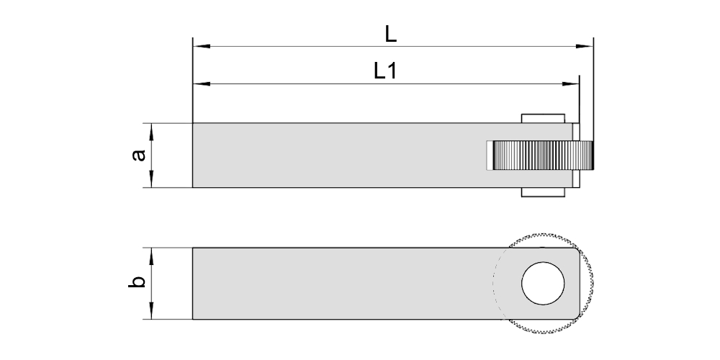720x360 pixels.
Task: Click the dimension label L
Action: (x=390, y=34)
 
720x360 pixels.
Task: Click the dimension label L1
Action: (x=384, y=71)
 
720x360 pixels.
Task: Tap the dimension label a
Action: (x=138, y=156)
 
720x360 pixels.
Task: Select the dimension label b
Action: (x=136, y=281)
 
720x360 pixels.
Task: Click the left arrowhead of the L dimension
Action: (x=202, y=46)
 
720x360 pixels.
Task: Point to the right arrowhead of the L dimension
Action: (x=585, y=46)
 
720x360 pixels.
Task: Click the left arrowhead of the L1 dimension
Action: (x=202, y=84)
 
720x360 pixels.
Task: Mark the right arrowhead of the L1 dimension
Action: (x=570, y=84)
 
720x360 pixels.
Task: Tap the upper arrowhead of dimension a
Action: (x=151, y=132)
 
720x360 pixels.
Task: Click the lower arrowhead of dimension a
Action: (x=151, y=179)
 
